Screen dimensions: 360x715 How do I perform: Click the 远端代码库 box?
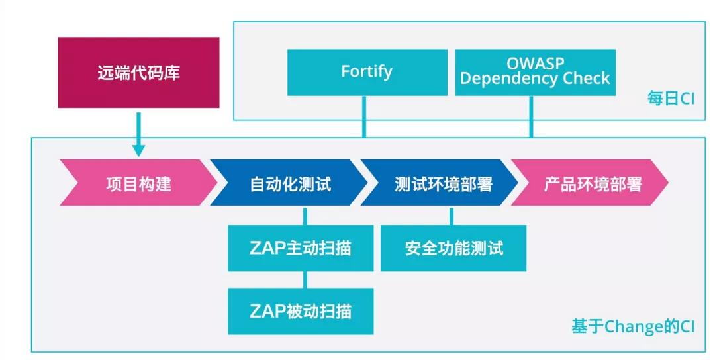pos(138,72)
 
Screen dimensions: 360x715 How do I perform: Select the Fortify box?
pos(367,71)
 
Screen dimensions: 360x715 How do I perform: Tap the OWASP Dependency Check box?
pos(535,71)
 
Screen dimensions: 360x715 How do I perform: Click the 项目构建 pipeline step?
pos(138,183)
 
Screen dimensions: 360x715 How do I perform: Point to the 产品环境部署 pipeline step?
pos(593,183)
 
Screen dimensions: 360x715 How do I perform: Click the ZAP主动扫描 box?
pos(301,248)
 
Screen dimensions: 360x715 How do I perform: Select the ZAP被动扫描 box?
pos(301,311)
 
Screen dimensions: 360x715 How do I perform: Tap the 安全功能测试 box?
pos(453,248)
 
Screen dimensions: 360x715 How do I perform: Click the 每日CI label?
pos(671,99)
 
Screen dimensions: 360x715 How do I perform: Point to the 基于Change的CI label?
pos(632,327)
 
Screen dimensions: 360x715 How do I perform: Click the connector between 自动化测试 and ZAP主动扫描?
pos(305,216)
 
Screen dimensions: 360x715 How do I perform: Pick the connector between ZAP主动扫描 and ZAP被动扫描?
pos(305,280)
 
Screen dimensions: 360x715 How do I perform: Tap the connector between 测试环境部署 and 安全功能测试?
pos(452,216)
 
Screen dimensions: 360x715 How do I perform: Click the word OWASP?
pos(534,64)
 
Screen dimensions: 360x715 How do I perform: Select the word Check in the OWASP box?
pos(583,79)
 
